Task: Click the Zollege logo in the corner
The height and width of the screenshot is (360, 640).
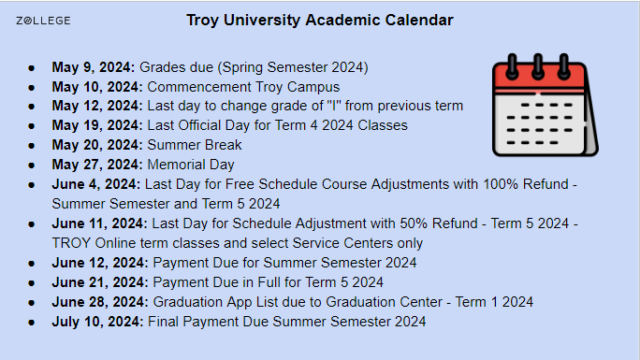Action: tap(44, 20)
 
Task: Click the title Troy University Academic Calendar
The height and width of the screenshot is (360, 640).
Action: tap(319, 20)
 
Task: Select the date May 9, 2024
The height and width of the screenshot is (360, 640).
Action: tap(94, 67)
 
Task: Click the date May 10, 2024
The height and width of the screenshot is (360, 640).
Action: tap(97, 87)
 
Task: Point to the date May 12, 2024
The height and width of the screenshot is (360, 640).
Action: tap(97, 106)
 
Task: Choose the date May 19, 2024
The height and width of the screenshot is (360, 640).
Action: tap(97, 125)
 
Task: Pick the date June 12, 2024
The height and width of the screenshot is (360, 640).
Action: tap(99, 263)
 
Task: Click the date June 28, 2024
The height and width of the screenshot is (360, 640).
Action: tap(99, 302)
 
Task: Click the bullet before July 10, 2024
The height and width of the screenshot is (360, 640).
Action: tap(32, 323)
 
